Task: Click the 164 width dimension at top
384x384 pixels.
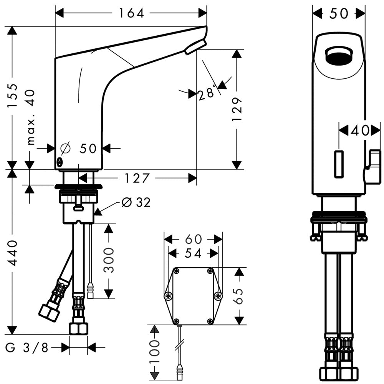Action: coord(131,13)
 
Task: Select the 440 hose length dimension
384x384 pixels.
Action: coord(13,253)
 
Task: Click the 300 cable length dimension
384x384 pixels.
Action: coord(109,260)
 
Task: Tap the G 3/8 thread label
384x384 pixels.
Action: coord(27,348)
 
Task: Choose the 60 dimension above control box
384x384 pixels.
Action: coord(193,239)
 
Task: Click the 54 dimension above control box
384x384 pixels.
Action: coord(193,253)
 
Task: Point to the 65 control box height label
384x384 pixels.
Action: coord(239,296)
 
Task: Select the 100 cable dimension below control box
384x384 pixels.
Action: coord(154,351)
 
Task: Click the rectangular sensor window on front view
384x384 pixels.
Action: coord(338,164)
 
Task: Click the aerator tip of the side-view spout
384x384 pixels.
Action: coord(195,47)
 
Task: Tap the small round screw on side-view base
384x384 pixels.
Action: coord(60,162)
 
